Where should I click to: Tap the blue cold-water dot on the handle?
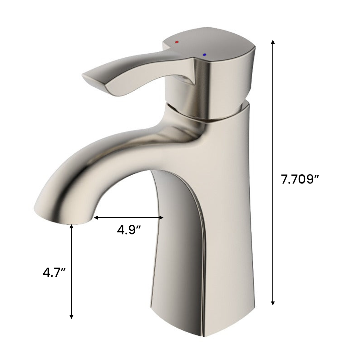(204, 55)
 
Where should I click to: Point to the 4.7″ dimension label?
(54, 273)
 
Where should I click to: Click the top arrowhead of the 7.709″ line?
(273, 42)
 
